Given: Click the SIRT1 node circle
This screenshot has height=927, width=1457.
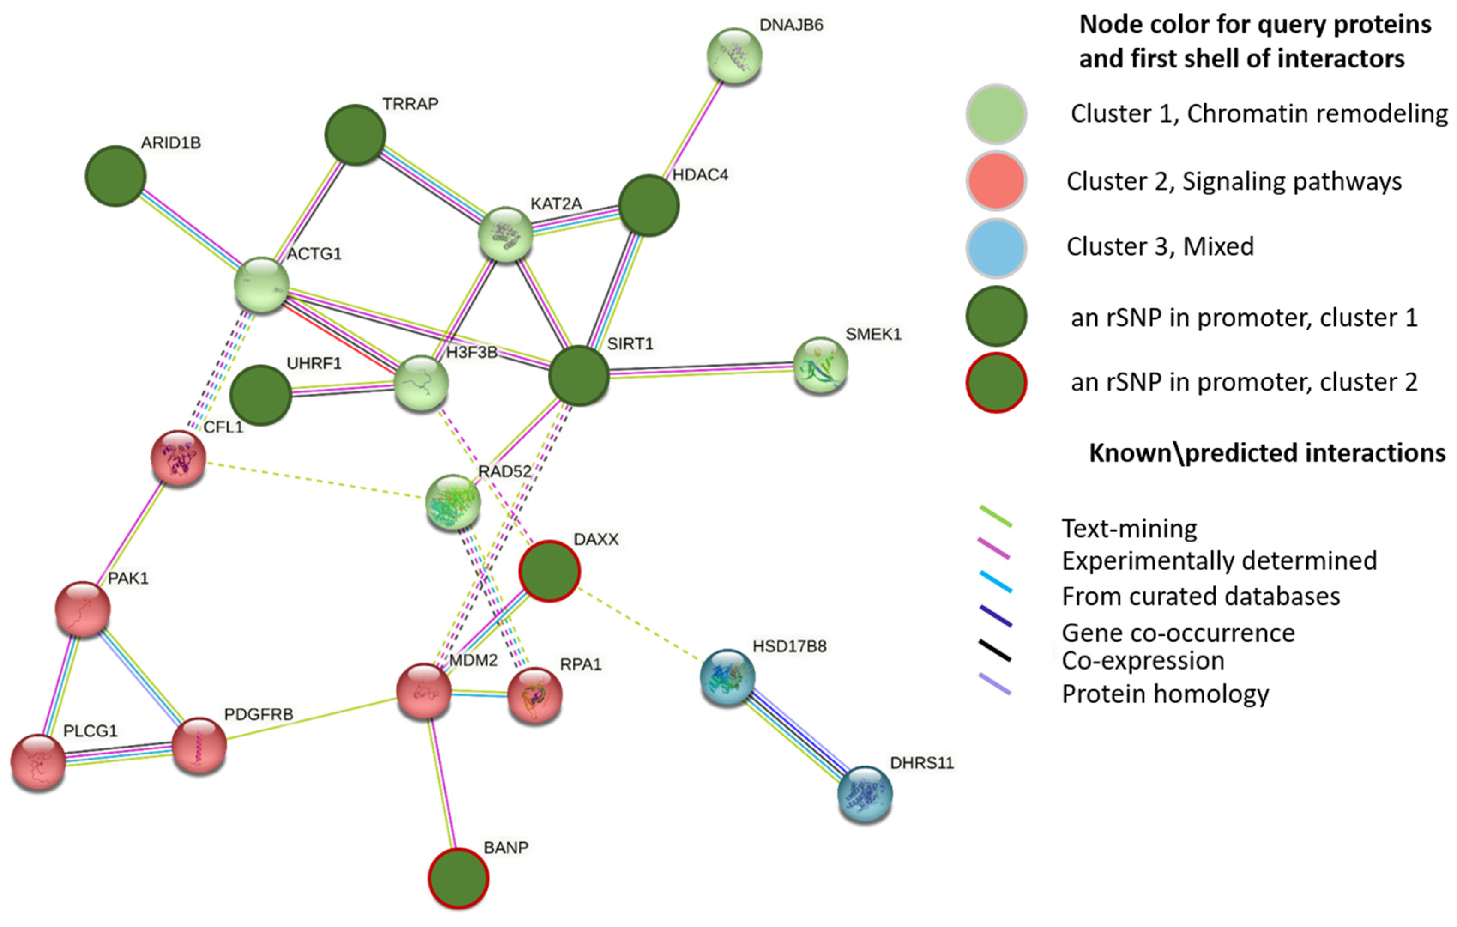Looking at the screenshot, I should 579,376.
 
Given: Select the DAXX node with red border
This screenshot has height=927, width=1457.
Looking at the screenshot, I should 549,571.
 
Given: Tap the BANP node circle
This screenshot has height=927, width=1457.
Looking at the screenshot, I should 458,878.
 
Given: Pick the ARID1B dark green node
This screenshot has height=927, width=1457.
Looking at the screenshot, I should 115,176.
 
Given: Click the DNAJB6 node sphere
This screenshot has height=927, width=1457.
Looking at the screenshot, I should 734,56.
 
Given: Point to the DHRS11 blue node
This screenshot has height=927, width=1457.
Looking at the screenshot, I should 865,794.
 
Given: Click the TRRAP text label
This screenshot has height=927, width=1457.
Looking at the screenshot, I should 410,104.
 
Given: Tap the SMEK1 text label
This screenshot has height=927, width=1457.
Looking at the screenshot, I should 873,334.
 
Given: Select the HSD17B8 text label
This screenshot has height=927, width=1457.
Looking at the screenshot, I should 789,647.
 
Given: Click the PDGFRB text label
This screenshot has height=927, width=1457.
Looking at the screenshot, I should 258,715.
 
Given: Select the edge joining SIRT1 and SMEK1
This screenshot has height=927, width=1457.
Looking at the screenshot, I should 702,370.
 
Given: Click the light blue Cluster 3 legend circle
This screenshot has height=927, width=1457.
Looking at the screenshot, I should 995,248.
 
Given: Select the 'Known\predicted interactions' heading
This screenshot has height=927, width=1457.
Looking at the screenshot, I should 1267,453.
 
